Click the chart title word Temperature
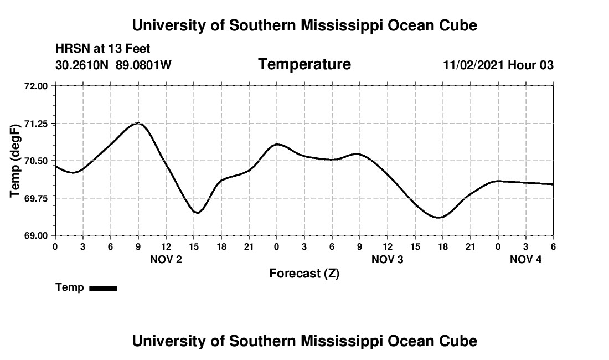coord(304,64)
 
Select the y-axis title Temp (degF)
coord(16,161)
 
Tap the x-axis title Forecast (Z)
coord(304,273)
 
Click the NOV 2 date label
coord(166,259)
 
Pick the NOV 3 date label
coord(388,259)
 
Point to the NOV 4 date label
coord(526,259)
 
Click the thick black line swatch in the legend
coord(103,288)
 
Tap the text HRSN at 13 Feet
coord(102,49)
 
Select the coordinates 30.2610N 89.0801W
coord(113,65)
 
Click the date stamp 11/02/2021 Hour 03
coord(498,65)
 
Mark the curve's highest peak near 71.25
coord(138,123)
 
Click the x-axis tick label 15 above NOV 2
coord(194,246)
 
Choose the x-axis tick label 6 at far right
coord(553,246)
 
